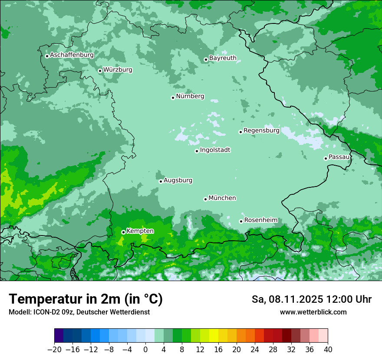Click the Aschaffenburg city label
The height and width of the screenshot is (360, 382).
[x=72, y=55]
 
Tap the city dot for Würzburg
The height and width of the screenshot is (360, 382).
[x=100, y=71]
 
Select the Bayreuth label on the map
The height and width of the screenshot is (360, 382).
[x=223, y=58]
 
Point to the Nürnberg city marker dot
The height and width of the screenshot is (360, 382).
[x=173, y=98]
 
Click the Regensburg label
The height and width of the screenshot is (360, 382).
[x=261, y=130]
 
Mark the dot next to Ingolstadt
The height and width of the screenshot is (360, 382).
[x=197, y=151]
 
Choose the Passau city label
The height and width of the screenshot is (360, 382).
[x=339, y=157]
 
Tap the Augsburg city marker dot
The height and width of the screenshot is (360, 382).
[x=161, y=181]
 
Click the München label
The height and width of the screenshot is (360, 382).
[x=222, y=198]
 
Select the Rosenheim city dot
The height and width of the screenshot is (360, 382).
[x=241, y=221]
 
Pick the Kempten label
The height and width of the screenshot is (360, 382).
[x=140, y=231]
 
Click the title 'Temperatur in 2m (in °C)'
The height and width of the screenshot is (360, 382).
[x=86, y=299]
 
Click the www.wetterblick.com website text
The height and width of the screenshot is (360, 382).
[x=313, y=312]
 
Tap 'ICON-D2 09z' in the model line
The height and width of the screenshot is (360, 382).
[x=53, y=312]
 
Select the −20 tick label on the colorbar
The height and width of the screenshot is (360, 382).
[x=54, y=349]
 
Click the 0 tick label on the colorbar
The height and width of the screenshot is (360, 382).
[x=145, y=349]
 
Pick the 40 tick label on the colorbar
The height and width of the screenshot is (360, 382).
[x=328, y=349]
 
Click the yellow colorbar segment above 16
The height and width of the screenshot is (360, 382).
[x=214, y=336]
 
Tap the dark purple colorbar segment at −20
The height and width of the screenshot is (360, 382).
[x=59, y=336]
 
